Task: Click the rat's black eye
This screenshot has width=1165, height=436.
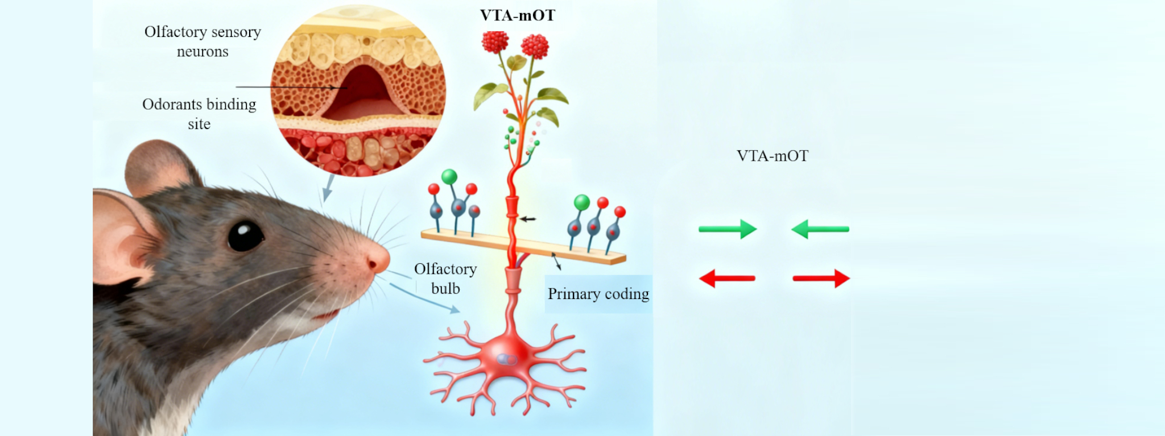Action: click(x=245, y=235)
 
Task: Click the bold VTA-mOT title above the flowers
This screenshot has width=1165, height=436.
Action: click(x=517, y=15)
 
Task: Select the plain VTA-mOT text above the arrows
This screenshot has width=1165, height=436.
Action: click(x=772, y=156)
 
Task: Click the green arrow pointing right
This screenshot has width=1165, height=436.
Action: click(x=728, y=229)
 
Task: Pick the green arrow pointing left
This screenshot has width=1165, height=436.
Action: click(x=820, y=229)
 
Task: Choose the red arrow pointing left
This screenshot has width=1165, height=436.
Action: click(x=726, y=279)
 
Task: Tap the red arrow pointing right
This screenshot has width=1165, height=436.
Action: click(x=821, y=279)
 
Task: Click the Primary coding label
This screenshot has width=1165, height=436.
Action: click(x=598, y=294)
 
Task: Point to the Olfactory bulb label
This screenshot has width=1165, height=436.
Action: click(x=445, y=279)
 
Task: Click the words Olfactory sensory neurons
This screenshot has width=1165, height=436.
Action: click(x=203, y=41)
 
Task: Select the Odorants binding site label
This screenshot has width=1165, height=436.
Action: click(x=199, y=114)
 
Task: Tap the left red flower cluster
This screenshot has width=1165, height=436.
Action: click(x=495, y=41)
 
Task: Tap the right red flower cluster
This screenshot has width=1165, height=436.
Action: click(x=535, y=45)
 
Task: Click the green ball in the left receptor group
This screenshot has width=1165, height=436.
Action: click(x=449, y=176)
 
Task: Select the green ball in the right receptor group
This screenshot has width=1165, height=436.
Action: click(x=581, y=202)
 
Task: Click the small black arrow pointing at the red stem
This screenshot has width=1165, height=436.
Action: click(x=528, y=219)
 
